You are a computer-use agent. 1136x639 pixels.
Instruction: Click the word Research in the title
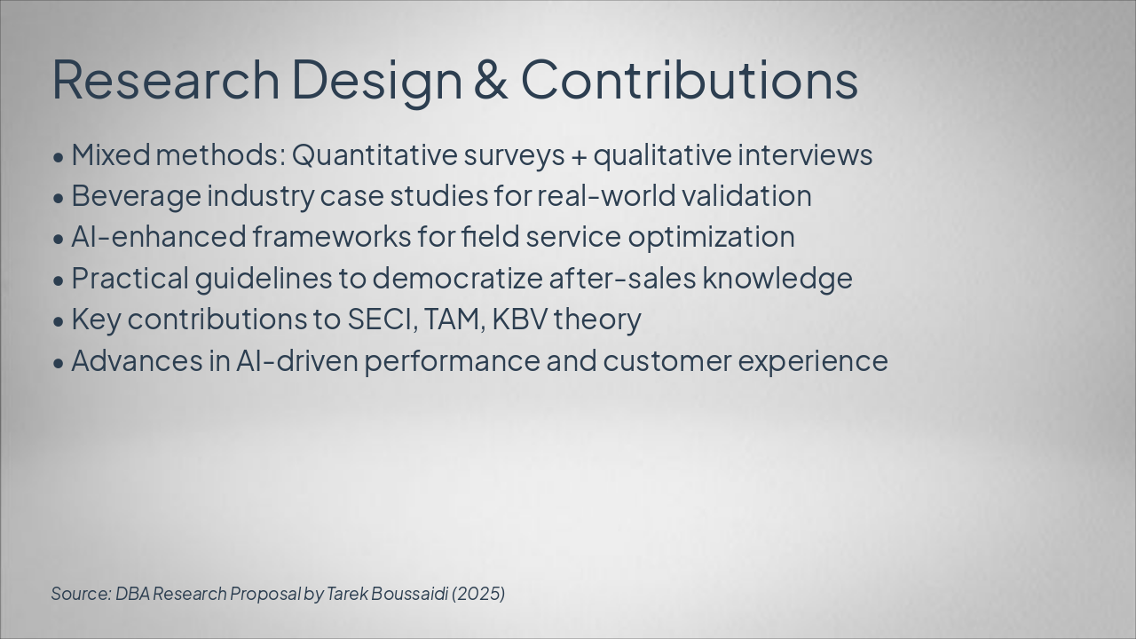pyautogui.click(x=165, y=80)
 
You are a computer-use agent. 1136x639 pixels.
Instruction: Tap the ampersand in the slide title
pyautogui.click(x=491, y=80)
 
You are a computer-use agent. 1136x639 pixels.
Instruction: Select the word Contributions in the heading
pyautogui.click(x=690, y=80)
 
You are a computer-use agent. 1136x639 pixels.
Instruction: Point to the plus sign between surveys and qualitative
pyautogui.click(x=579, y=157)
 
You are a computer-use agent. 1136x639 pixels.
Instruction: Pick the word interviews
pyautogui.click(x=805, y=154)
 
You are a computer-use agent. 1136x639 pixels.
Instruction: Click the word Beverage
pyautogui.click(x=136, y=197)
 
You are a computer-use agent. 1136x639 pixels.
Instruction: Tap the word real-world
pyautogui.click(x=606, y=196)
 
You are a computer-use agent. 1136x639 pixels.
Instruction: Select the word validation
pyautogui.click(x=746, y=196)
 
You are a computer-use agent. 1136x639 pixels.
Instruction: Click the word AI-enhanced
pyautogui.click(x=159, y=237)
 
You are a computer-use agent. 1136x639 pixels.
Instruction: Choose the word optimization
pyautogui.click(x=711, y=238)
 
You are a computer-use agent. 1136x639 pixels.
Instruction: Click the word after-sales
pyautogui.click(x=622, y=278)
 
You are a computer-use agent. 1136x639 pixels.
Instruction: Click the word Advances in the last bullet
pyautogui.click(x=137, y=360)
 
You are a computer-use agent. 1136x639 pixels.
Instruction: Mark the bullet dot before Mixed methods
pyautogui.click(x=59, y=157)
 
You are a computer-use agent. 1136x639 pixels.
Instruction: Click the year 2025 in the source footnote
pyautogui.click(x=478, y=594)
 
